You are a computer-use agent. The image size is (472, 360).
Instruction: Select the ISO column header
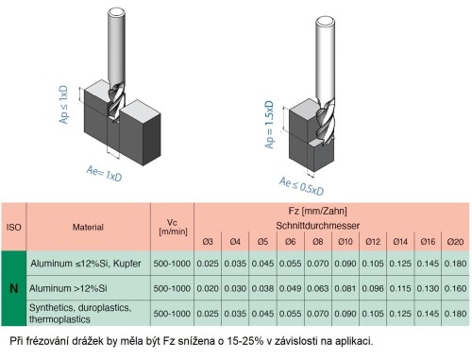tap(14, 227)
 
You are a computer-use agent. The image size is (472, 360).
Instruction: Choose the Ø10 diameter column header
tap(346, 241)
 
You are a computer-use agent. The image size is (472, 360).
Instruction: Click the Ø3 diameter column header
tap(211, 241)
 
